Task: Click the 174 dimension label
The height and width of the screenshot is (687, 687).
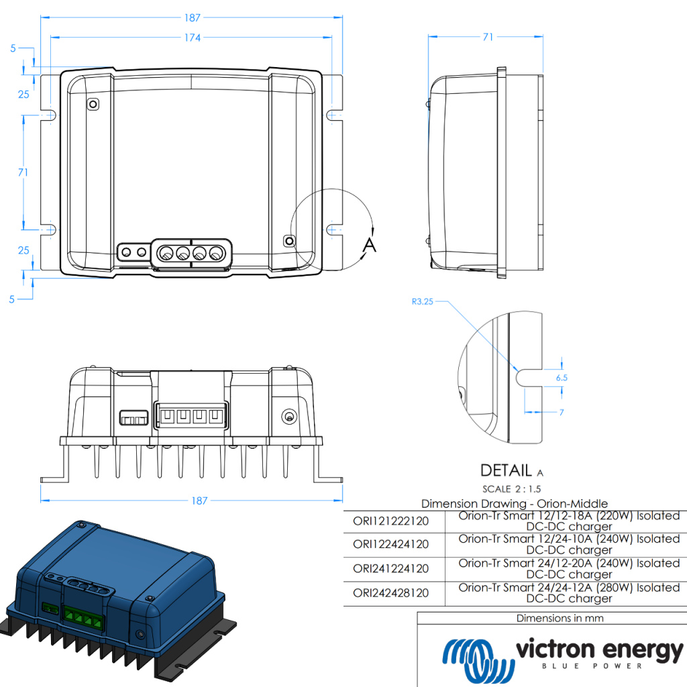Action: click(x=192, y=38)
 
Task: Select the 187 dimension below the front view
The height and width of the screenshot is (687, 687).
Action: click(x=199, y=500)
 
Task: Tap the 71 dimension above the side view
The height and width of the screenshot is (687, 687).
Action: click(x=488, y=38)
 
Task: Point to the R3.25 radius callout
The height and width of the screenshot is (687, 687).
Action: click(x=423, y=302)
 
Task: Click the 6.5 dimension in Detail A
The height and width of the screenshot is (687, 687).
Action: click(x=562, y=378)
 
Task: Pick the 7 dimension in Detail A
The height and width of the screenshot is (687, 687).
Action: click(x=562, y=412)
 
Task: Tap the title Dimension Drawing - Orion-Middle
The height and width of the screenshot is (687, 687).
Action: click(x=515, y=503)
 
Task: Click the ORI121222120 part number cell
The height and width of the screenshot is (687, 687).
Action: click(x=390, y=521)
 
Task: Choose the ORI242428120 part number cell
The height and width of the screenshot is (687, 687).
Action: click(x=390, y=593)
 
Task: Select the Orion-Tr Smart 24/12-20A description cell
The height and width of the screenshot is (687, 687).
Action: click(x=569, y=568)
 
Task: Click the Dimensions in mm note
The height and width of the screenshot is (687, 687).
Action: click(x=560, y=618)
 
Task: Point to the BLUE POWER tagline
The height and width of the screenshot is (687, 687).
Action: click(x=592, y=666)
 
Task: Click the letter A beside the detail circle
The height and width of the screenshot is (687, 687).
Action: click(x=369, y=245)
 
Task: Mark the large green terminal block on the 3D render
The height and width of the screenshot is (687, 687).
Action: click(x=84, y=618)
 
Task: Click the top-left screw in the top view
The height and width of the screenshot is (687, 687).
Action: click(x=93, y=104)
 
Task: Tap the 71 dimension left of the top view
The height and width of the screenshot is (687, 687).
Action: click(x=23, y=172)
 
